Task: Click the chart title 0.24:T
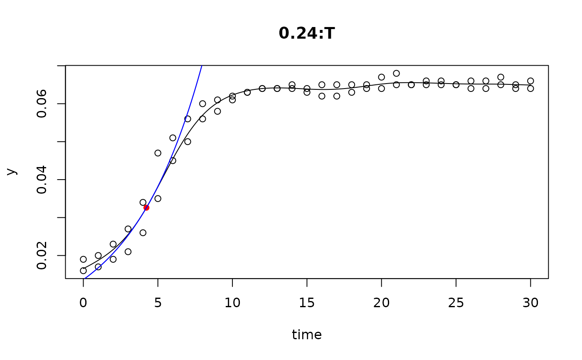pyautogui.click(x=307, y=34)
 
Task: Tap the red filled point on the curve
pyautogui.click(x=146, y=207)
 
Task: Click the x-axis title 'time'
pyautogui.click(x=307, y=335)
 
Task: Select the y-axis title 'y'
pyautogui.click(x=12, y=172)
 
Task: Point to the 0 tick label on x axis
pyautogui.click(x=83, y=303)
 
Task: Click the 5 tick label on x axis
pyautogui.click(x=158, y=303)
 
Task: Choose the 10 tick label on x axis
pyautogui.click(x=232, y=303)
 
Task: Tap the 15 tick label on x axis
pyautogui.click(x=307, y=303)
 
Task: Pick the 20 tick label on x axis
pyautogui.click(x=381, y=303)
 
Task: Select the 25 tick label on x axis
pyautogui.click(x=456, y=303)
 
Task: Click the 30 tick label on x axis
pyautogui.click(x=530, y=303)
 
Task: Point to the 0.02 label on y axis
pyautogui.click(x=42, y=255)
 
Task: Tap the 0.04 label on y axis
pyautogui.click(x=42, y=180)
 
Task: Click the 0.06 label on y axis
pyautogui.click(x=42, y=104)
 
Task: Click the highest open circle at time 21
pyautogui.click(x=396, y=74)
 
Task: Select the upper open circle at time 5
pyautogui.click(x=158, y=153)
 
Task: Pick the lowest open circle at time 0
pyautogui.click(x=83, y=271)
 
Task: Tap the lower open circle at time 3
pyautogui.click(x=128, y=252)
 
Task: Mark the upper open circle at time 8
pyautogui.click(x=202, y=104)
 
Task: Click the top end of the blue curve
pyautogui.click(x=202, y=66)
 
